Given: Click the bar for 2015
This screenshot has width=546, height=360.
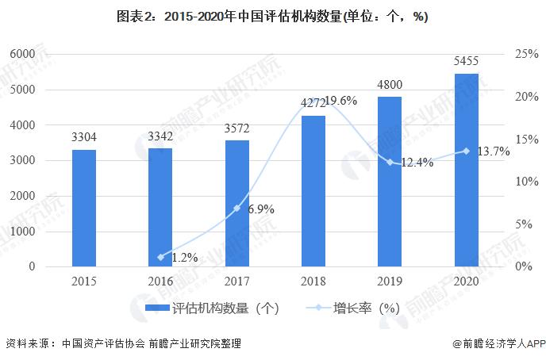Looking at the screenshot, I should point(83,208).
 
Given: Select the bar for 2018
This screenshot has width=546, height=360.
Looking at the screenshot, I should point(313,191).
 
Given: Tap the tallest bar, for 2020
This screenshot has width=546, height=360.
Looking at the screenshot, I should point(467,170).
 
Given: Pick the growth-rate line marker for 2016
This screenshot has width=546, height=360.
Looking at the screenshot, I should point(160,257).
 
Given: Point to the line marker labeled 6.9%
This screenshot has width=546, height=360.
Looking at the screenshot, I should point(236,209).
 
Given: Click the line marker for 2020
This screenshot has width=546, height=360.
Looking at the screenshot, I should point(467,151).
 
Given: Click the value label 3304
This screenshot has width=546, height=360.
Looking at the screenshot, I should point(83,137).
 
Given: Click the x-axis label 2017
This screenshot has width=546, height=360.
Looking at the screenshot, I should point(236,282).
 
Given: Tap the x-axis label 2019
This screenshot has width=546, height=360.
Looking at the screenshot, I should point(390,282).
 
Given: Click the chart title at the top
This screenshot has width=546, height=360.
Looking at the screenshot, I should point(272,17).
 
